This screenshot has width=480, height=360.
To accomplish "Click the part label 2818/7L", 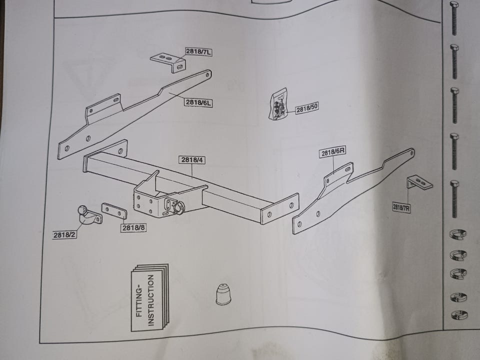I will click(198, 51).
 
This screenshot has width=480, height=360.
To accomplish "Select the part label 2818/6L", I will click(198, 102).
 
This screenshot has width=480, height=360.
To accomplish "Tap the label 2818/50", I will click(306, 108).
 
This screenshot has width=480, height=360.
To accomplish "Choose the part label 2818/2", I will click(65, 233).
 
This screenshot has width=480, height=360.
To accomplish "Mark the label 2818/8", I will click(133, 227).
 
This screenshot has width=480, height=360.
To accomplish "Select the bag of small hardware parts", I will click(278, 104).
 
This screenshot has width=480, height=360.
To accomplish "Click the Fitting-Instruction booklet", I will click(149, 297).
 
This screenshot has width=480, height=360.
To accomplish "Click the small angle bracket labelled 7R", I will click(419, 183).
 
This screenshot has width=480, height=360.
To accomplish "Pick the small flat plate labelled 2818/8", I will click(114, 210).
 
